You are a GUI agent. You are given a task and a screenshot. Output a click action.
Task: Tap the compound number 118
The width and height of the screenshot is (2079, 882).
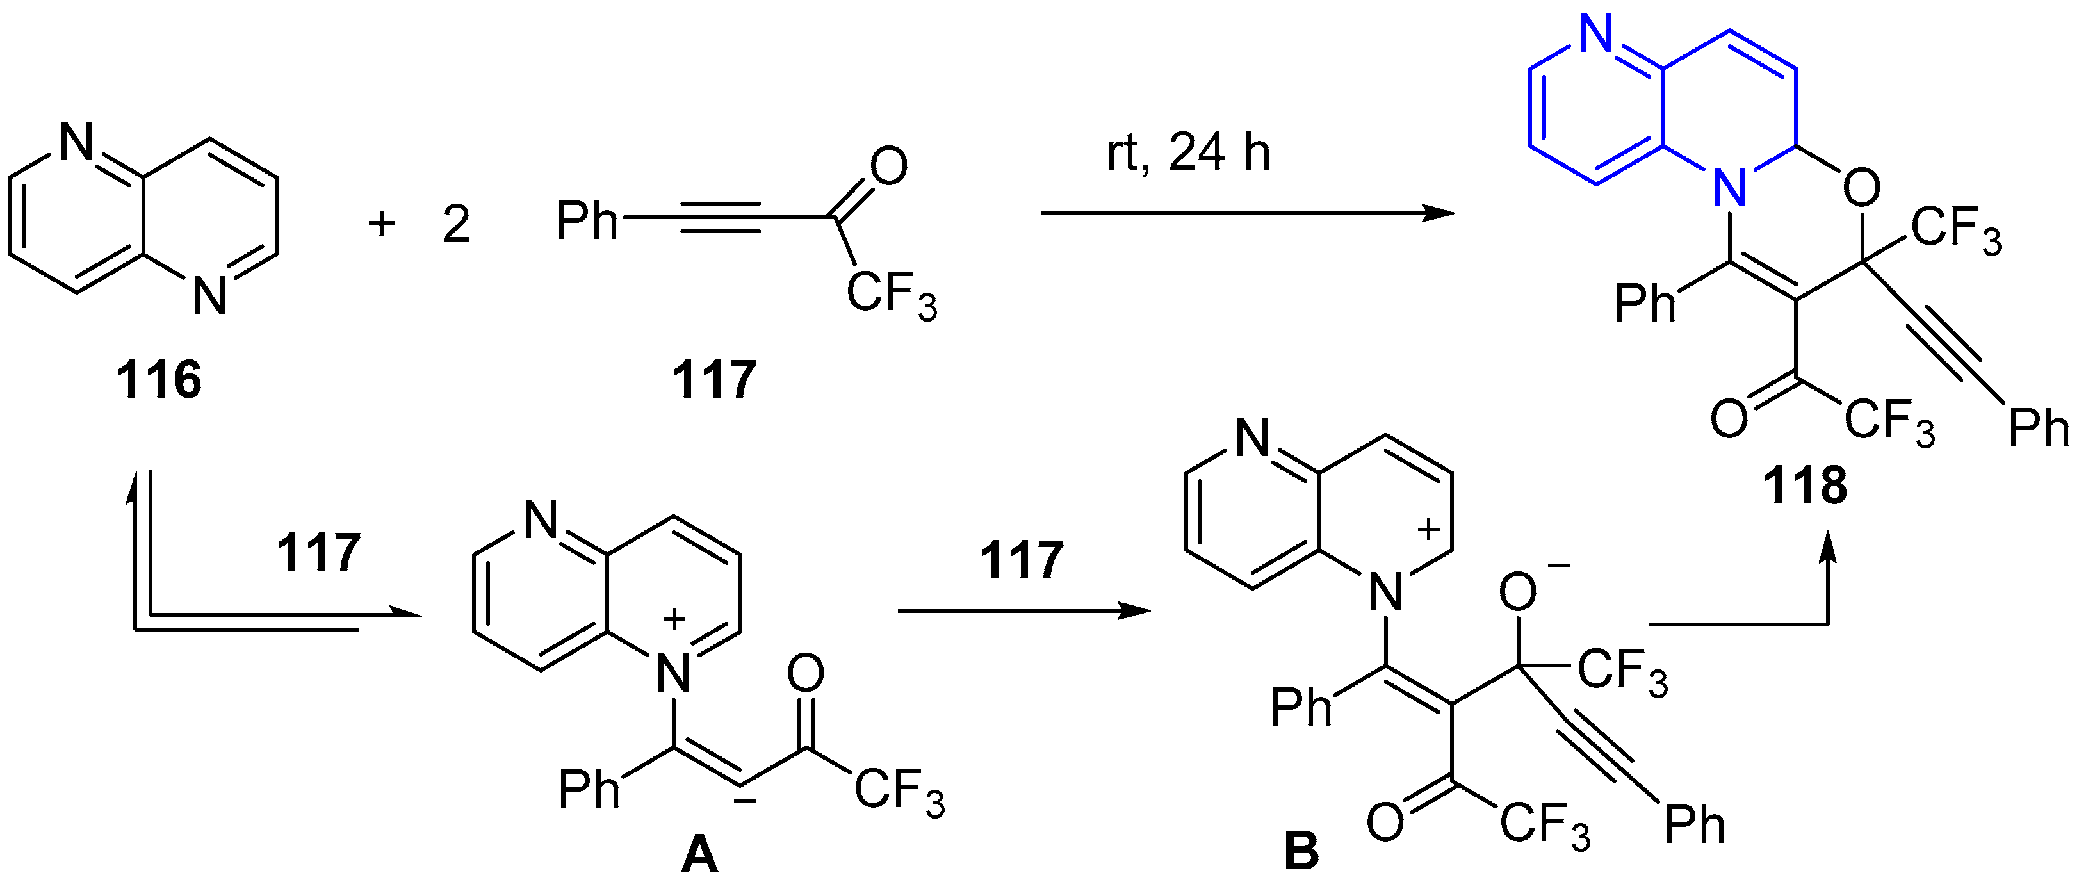click(1805, 487)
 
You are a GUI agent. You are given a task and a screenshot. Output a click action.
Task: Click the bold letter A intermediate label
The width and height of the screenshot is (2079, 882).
click(699, 854)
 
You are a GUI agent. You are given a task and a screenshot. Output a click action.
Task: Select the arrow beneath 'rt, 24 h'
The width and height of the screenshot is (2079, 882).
click(1247, 214)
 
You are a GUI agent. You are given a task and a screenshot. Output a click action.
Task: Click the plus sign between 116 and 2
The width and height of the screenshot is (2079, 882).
click(381, 223)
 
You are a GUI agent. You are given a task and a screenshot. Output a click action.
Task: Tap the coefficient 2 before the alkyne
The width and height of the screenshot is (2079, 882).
click(456, 224)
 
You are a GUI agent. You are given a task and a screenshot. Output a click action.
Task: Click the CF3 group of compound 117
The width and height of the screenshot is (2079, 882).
click(891, 294)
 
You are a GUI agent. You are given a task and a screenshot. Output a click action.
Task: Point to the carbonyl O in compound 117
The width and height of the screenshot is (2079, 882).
click(888, 167)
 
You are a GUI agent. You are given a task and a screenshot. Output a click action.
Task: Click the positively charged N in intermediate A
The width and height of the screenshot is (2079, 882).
click(673, 672)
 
